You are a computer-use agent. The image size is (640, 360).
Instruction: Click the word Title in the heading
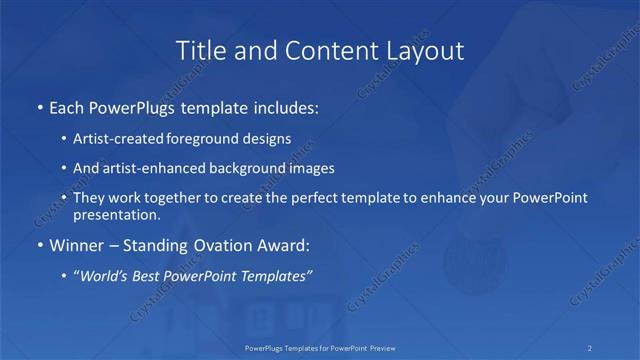[x=198, y=50]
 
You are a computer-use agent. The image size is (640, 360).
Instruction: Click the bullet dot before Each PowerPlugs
[x=39, y=105]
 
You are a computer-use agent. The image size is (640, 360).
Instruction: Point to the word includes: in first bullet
[x=289, y=105]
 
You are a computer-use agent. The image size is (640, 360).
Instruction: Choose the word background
[x=248, y=168]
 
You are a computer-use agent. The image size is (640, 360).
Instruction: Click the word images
[x=310, y=168]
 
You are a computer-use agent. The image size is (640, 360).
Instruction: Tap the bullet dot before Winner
[x=39, y=245]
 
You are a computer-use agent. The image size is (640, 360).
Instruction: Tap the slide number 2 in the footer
[x=589, y=347]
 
